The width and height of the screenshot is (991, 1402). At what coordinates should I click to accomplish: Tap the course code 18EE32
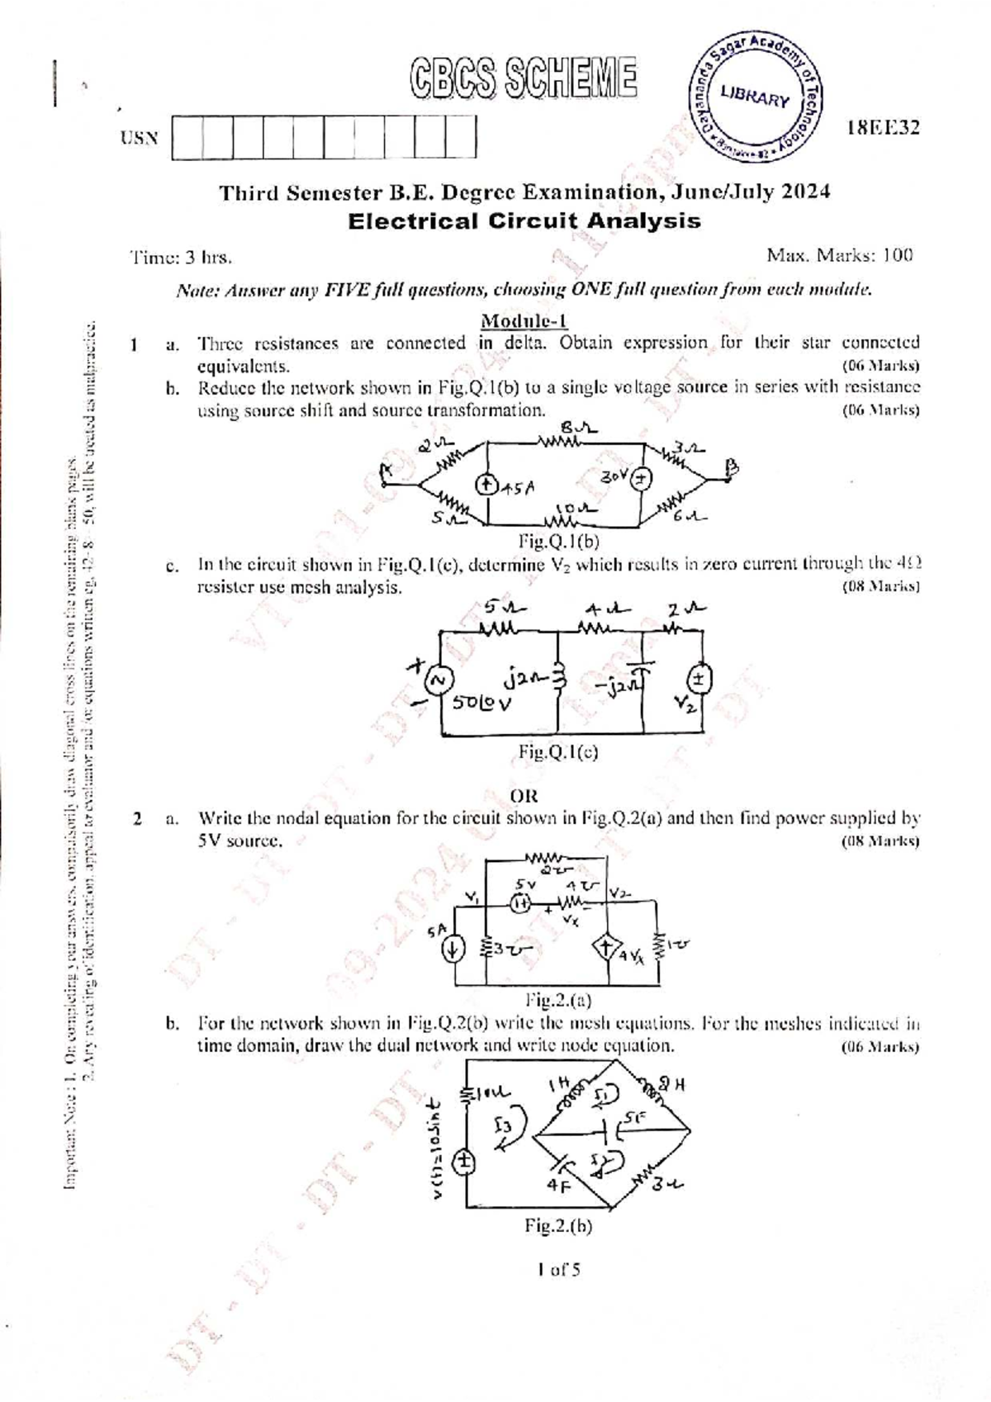(x=883, y=128)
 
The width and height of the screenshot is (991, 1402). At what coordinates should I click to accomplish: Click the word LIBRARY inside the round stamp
(x=755, y=97)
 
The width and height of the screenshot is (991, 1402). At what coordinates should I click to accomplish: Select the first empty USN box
(x=187, y=136)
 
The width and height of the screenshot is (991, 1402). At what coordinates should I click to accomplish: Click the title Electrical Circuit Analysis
(x=524, y=221)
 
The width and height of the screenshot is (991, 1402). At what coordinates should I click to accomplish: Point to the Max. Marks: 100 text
(x=839, y=256)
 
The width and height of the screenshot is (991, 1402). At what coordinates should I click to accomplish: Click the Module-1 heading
(x=524, y=320)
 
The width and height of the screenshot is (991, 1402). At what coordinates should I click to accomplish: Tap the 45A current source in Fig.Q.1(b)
(x=487, y=485)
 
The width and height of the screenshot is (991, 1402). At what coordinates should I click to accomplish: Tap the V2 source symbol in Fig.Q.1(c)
(x=700, y=680)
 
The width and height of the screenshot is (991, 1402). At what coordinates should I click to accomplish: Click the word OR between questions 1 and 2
(x=524, y=796)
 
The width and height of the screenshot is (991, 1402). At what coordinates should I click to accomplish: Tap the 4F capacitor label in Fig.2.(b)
(x=557, y=1183)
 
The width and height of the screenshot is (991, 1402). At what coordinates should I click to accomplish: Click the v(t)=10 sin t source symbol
(x=465, y=1161)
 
